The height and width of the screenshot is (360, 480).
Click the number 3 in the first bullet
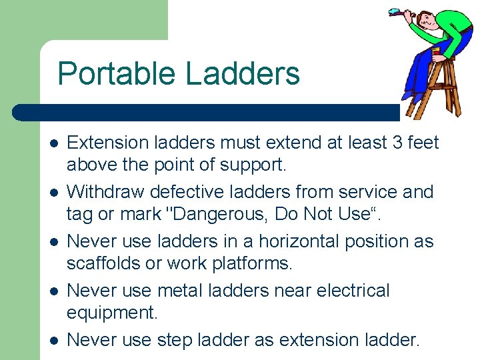tap(389, 143)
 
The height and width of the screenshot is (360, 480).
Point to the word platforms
tap(252, 263)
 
